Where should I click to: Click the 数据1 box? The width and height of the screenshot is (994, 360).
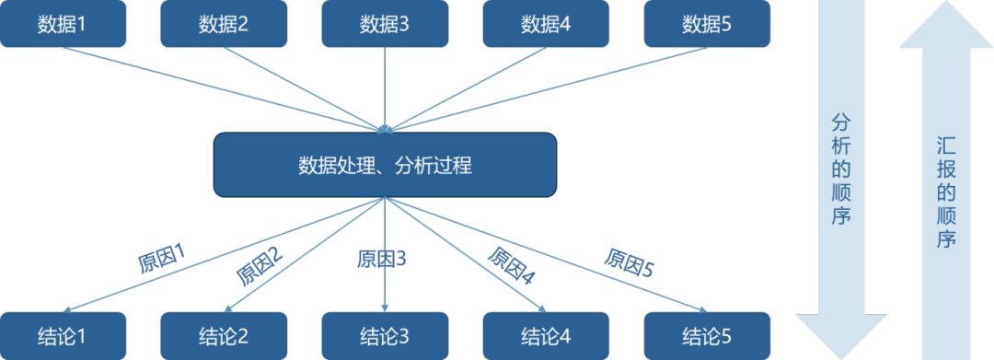click(x=63, y=24)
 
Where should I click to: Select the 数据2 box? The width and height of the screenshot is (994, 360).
click(x=224, y=24)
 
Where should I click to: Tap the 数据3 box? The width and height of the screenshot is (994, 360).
click(x=385, y=24)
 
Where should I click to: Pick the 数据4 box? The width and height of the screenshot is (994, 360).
click(x=546, y=24)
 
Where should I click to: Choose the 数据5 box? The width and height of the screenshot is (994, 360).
click(x=707, y=24)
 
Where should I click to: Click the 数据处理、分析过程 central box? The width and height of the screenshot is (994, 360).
click(x=385, y=165)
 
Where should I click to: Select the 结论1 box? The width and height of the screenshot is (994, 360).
click(x=63, y=335)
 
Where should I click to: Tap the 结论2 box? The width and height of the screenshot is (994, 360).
click(x=224, y=335)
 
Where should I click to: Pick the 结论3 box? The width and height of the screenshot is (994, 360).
click(x=385, y=335)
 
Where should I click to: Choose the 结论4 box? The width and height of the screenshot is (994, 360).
click(x=546, y=335)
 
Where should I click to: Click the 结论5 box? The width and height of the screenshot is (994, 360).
click(x=707, y=335)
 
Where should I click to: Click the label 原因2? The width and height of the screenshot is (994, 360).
click(x=260, y=267)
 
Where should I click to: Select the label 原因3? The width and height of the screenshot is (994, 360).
click(x=382, y=259)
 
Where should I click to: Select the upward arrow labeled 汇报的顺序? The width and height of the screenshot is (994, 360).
click(x=945, y=175)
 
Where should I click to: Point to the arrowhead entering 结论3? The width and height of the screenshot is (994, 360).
click(x=385, y=308)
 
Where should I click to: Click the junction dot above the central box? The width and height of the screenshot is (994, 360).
click(x=385, y=129)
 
